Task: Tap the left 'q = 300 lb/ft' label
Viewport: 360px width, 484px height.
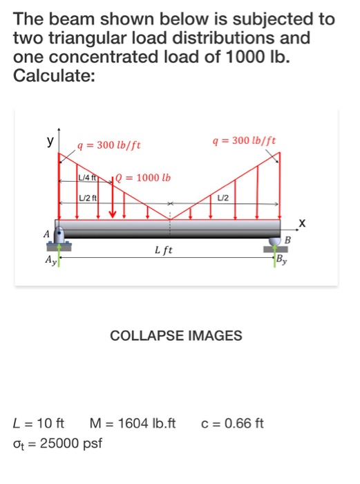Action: (110, 145)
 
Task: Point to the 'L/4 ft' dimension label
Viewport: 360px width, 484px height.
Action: (90, 178)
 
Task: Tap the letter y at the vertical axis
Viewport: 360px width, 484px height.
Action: (50, 140)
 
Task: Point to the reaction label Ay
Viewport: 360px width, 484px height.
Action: (50, 261)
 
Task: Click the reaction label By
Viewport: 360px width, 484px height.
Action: (281, 260)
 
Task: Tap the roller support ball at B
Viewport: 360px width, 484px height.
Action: (277, 239)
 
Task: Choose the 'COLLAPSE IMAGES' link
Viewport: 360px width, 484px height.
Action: (176, 337)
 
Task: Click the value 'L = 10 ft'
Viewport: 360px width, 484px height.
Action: (39, 423)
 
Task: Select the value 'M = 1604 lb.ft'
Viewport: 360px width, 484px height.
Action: (133, 423)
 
